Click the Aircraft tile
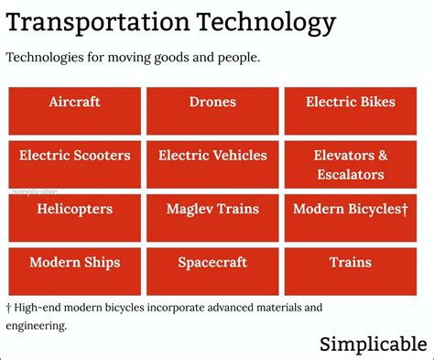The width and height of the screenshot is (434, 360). pos(74,111)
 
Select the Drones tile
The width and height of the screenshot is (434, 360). pos(212,111)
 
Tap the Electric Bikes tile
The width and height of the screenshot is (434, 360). pos(351,111)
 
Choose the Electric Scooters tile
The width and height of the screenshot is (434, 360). pos(74,164)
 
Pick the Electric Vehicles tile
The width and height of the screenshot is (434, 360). pos(212,164)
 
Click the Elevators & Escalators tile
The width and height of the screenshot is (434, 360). pos(351,164)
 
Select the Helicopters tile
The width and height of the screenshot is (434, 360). pos(74,218)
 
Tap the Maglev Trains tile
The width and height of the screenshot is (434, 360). pos(212,218)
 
